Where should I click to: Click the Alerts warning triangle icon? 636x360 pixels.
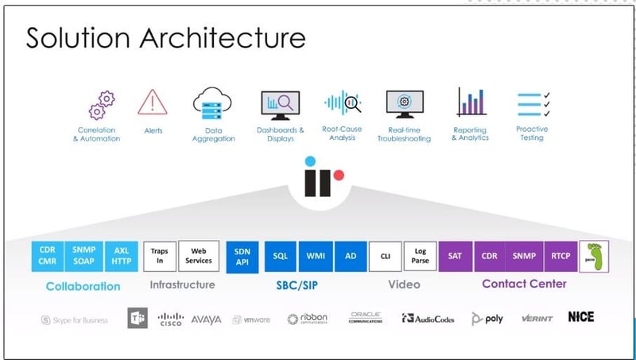(152, 103)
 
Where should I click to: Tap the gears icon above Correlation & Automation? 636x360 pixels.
(102, 105)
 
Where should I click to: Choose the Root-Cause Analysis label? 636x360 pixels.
(343, 134)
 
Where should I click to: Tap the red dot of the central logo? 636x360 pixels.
(339, 175)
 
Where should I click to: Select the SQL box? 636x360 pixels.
(281, 257)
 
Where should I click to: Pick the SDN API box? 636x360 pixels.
(242, 257)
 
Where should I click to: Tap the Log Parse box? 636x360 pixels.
(421, 256)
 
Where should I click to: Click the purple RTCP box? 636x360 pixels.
(560, 256)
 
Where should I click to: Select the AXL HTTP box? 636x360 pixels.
(122, 256)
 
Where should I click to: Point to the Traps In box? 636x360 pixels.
(160, 256)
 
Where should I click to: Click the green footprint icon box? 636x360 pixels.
(594, 256)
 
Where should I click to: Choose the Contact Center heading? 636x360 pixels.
(524, 284)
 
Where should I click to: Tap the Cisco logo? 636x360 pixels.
(170, 319)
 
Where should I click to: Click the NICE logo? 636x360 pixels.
(581, 317)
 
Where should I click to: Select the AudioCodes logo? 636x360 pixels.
(428, 319)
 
